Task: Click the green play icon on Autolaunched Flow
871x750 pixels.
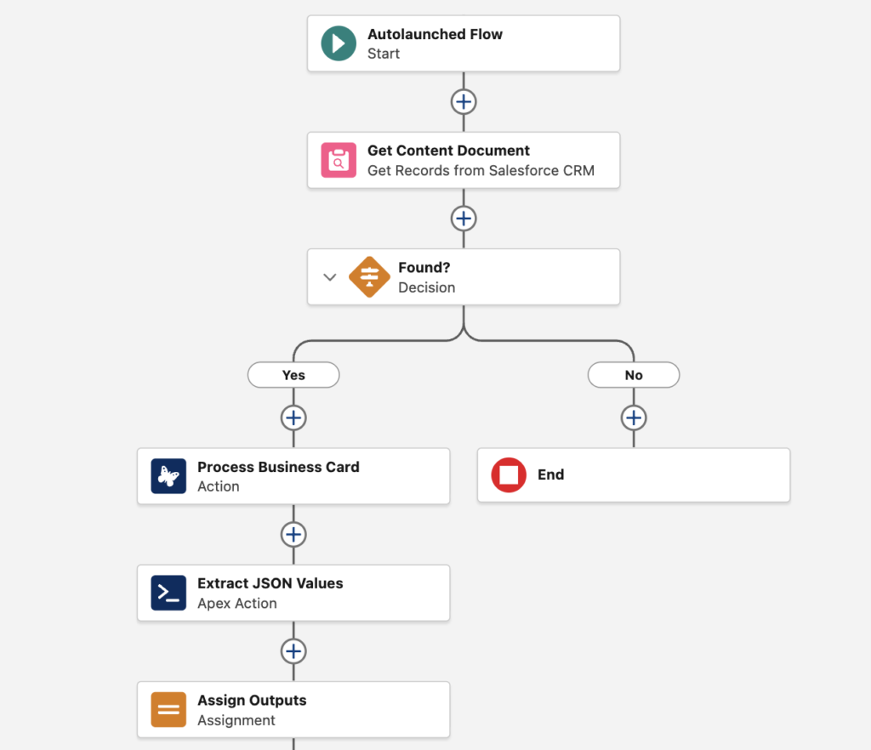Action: point(339,43)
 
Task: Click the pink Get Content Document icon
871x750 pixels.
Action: point(339,160)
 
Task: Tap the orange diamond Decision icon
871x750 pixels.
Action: point(369,276)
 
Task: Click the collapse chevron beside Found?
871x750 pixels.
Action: point(330,277)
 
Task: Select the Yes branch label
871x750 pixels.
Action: point(293,375)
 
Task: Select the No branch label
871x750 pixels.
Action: point(634,375)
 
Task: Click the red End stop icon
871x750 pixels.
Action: point(509,475)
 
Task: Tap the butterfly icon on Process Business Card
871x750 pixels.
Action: point(168,476)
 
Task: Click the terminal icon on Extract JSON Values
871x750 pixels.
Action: point(168,593)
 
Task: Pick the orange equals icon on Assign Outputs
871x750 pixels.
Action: point(168,709)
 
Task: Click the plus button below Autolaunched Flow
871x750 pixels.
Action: point(464,102)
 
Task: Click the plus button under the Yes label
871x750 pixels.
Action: point(293,418)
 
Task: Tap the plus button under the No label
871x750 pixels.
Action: point(634,418)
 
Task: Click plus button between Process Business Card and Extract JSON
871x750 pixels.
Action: point(293,535)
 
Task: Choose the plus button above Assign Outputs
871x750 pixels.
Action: point(293,651)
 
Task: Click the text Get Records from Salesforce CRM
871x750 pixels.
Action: point(481,170)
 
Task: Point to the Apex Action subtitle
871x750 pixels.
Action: point(237,604)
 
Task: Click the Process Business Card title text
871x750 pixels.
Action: point(278,467)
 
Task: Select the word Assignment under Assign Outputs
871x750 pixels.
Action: point(236,720)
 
